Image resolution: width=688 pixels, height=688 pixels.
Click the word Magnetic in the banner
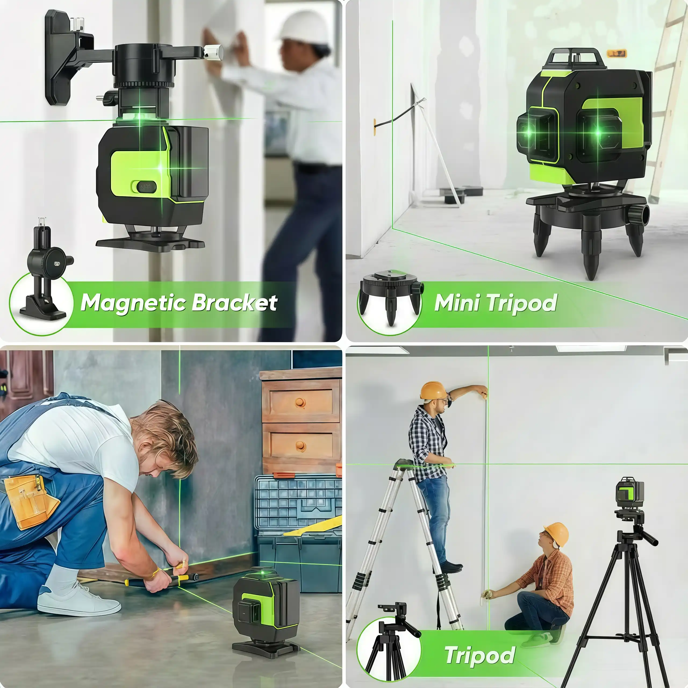134,303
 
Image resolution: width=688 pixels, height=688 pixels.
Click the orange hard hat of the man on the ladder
433,391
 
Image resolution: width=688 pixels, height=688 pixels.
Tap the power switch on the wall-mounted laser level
144,186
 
